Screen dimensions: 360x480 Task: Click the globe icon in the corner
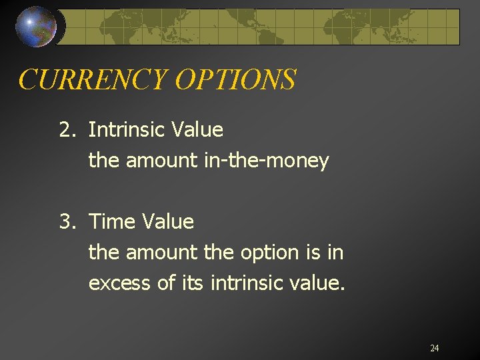pos(36,26)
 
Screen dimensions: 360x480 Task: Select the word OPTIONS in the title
pos(235,80)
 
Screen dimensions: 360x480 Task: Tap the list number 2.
pos(67,129)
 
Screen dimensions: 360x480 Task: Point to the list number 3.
pos(67,221)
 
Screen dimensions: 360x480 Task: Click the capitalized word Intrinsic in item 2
pos(127,129)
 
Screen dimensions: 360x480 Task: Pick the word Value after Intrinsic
pos(197,129)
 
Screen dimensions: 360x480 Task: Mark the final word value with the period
pos(319,284)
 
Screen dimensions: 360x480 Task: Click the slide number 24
pos(434,349)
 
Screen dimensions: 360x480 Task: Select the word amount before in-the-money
pos(162,161)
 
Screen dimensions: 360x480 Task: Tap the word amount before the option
pos(162,253)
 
